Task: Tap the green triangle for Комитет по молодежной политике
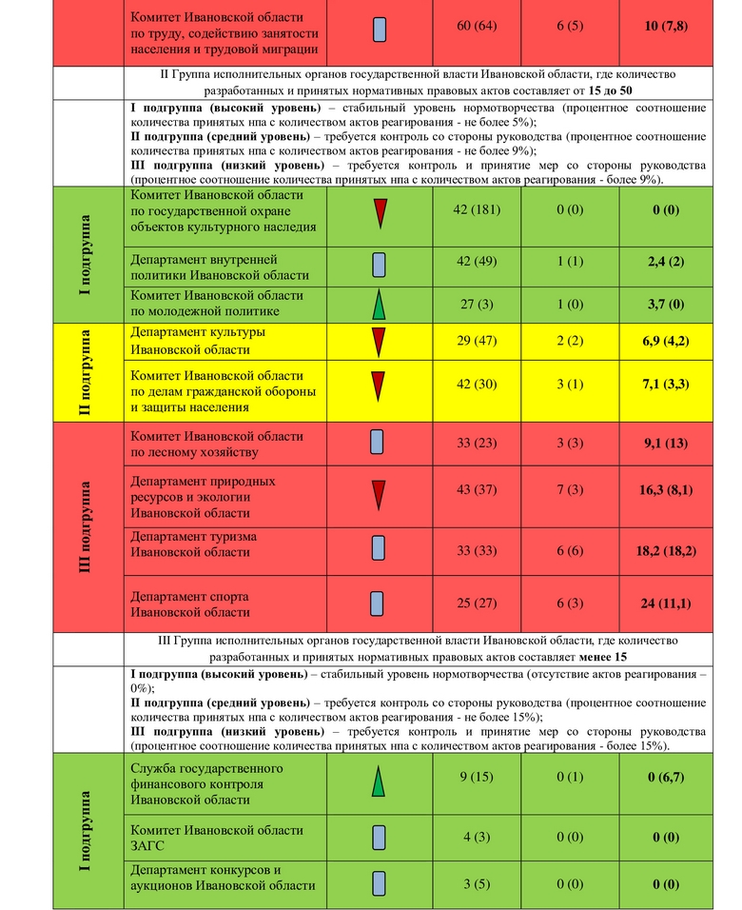click(379, 305)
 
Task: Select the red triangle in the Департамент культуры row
click(379, 341)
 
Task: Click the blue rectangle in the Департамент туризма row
click(378, 546)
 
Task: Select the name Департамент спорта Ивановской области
click(190, 604)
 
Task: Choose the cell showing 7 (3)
click(570, 490)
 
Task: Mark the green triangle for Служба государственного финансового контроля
click(379, 781)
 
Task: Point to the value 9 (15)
click(477, 777)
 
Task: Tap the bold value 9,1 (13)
click(665, 443)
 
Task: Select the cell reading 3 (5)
click(477, 884)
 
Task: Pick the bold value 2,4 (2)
click(665, 262)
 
